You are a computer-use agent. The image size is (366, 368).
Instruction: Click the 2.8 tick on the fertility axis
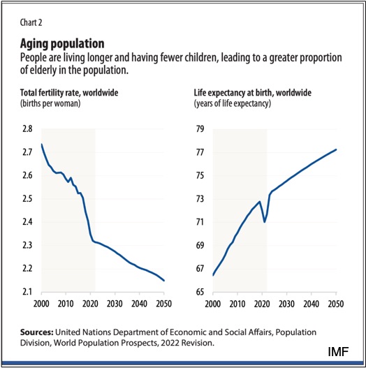(x=27, y=130)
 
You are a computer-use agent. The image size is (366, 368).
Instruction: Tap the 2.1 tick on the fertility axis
(x=27, y=291)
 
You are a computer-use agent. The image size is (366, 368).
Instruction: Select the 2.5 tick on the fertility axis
(x=27, y=199)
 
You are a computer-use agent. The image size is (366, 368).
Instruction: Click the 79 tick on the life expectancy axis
(x=200, y=130)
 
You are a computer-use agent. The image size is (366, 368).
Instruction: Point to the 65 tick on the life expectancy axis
(x=200, y=291)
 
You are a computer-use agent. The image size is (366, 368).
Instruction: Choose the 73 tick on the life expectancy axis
(x=200, y=199)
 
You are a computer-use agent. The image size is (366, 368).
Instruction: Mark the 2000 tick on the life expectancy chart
(x=212, y=304)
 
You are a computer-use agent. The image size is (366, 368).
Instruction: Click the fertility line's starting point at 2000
(x=41, y=145)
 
